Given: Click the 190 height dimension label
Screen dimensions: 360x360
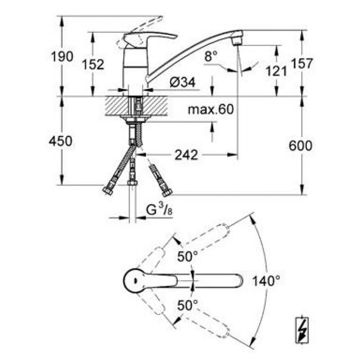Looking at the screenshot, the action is [62, 57].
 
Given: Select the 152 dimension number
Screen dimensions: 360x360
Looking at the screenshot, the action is [93, 64].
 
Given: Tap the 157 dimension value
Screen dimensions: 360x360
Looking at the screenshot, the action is [301, 63].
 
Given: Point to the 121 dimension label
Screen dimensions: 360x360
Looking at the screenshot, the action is [276, 71].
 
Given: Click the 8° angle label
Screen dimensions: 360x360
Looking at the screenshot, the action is [211, 56].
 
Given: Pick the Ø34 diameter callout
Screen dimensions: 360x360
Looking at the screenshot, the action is [183, 82].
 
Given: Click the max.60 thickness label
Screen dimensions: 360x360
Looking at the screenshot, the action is [211, 109].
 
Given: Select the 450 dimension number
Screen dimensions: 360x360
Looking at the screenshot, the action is [61, 141].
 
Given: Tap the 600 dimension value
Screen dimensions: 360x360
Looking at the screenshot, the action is [300, 146].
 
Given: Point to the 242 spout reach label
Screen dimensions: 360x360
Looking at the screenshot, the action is [186, 155].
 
